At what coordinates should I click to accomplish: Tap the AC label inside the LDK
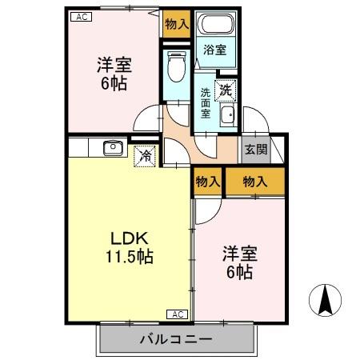point(178,314)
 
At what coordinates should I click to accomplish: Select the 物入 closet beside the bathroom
point(176,25)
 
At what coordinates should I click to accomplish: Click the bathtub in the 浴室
point(214,26)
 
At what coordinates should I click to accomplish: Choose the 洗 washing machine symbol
point(227,91)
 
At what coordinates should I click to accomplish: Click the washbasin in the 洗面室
point(227,118)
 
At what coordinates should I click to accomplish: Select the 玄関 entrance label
point(255,149)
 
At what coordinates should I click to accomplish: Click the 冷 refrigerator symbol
point(144,156)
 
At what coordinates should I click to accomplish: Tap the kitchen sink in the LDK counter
point(112,147)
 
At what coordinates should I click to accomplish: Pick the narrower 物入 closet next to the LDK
point(207,182)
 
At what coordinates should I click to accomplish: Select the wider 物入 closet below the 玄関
point(254,182)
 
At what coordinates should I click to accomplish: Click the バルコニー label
point(178,339)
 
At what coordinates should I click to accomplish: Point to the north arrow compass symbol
point(326,301)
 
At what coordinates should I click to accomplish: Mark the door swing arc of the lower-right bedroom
point(204,210)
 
